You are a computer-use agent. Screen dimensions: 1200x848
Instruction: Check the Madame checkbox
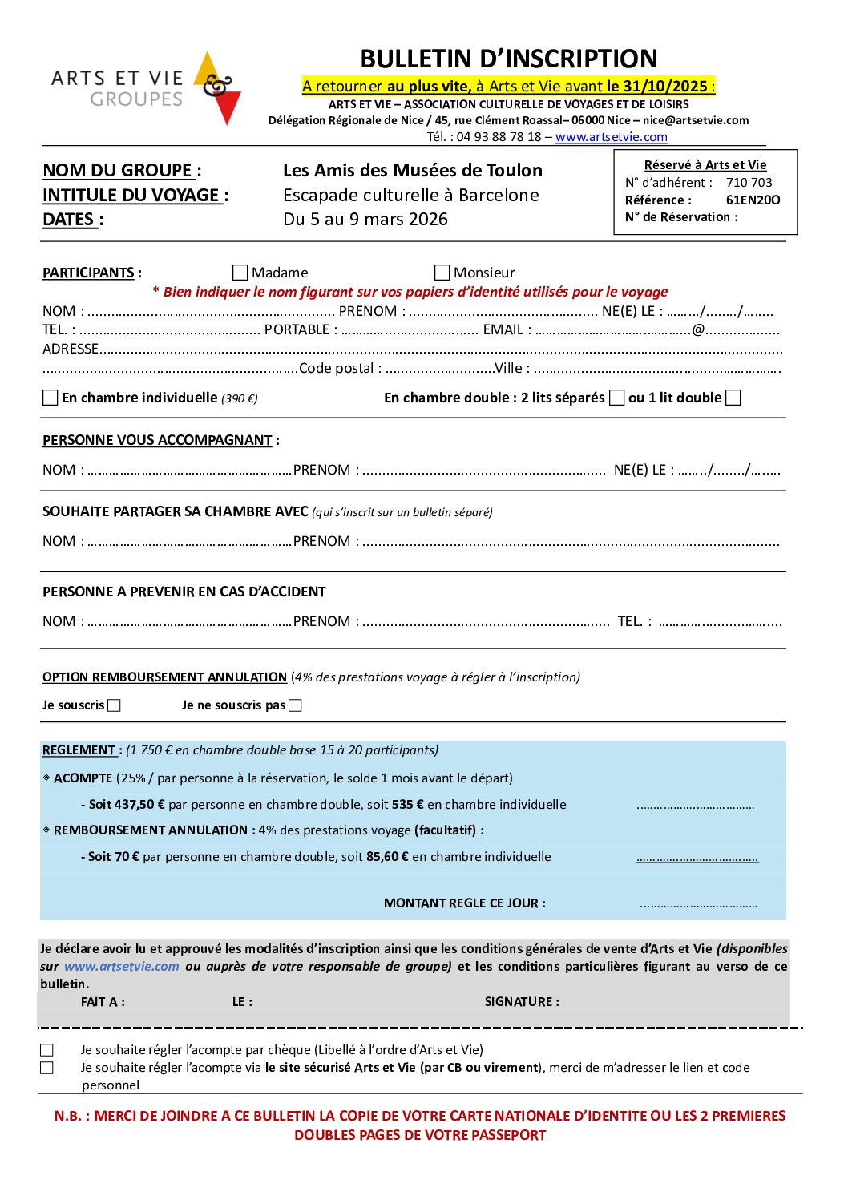point(240,273)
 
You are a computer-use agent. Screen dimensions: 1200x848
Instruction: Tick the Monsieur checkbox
point(442,273)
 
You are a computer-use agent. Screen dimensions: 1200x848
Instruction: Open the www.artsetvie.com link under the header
point(611,137)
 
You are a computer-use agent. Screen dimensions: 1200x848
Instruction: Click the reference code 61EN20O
point(753,200)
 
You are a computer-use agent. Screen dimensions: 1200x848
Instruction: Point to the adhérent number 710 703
point(749,183)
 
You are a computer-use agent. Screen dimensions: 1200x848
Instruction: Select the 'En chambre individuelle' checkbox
point(50,398)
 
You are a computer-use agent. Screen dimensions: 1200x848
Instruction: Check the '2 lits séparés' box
point(616,398)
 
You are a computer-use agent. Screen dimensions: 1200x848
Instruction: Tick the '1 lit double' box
point(733,398)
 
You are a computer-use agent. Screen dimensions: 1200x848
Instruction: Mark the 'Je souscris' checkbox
point(114,705)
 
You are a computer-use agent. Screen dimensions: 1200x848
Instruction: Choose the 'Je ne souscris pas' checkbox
point(295,705)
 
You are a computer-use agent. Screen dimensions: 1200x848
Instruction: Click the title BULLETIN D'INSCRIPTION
point(508,59)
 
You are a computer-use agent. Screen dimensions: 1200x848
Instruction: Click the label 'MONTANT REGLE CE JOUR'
point(464,903)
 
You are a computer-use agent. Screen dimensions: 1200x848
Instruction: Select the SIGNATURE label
point(521,1002)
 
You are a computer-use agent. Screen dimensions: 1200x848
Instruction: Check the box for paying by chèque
point(47,1050)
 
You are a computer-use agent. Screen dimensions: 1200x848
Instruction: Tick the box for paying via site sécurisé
point(47,1068)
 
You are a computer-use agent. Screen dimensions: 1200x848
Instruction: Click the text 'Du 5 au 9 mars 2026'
point(365,220)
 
